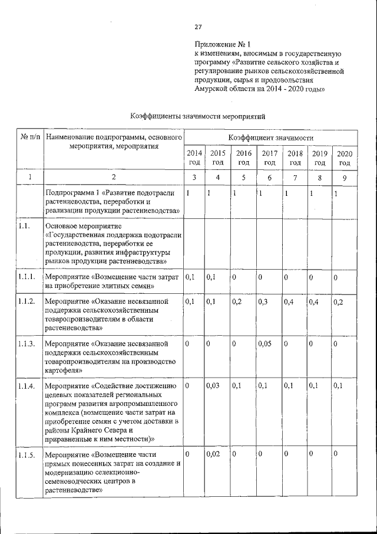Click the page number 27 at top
click(198, 27)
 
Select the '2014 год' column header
click(194, 158)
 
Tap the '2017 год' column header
click(270, 158)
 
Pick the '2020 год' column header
click(345, 158)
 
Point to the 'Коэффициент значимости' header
click(269, 137)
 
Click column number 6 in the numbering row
click(269, 177)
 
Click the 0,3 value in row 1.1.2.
click(263, 302)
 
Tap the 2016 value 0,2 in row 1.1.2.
click(237, 302)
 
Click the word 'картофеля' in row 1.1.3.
click(63, 370)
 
